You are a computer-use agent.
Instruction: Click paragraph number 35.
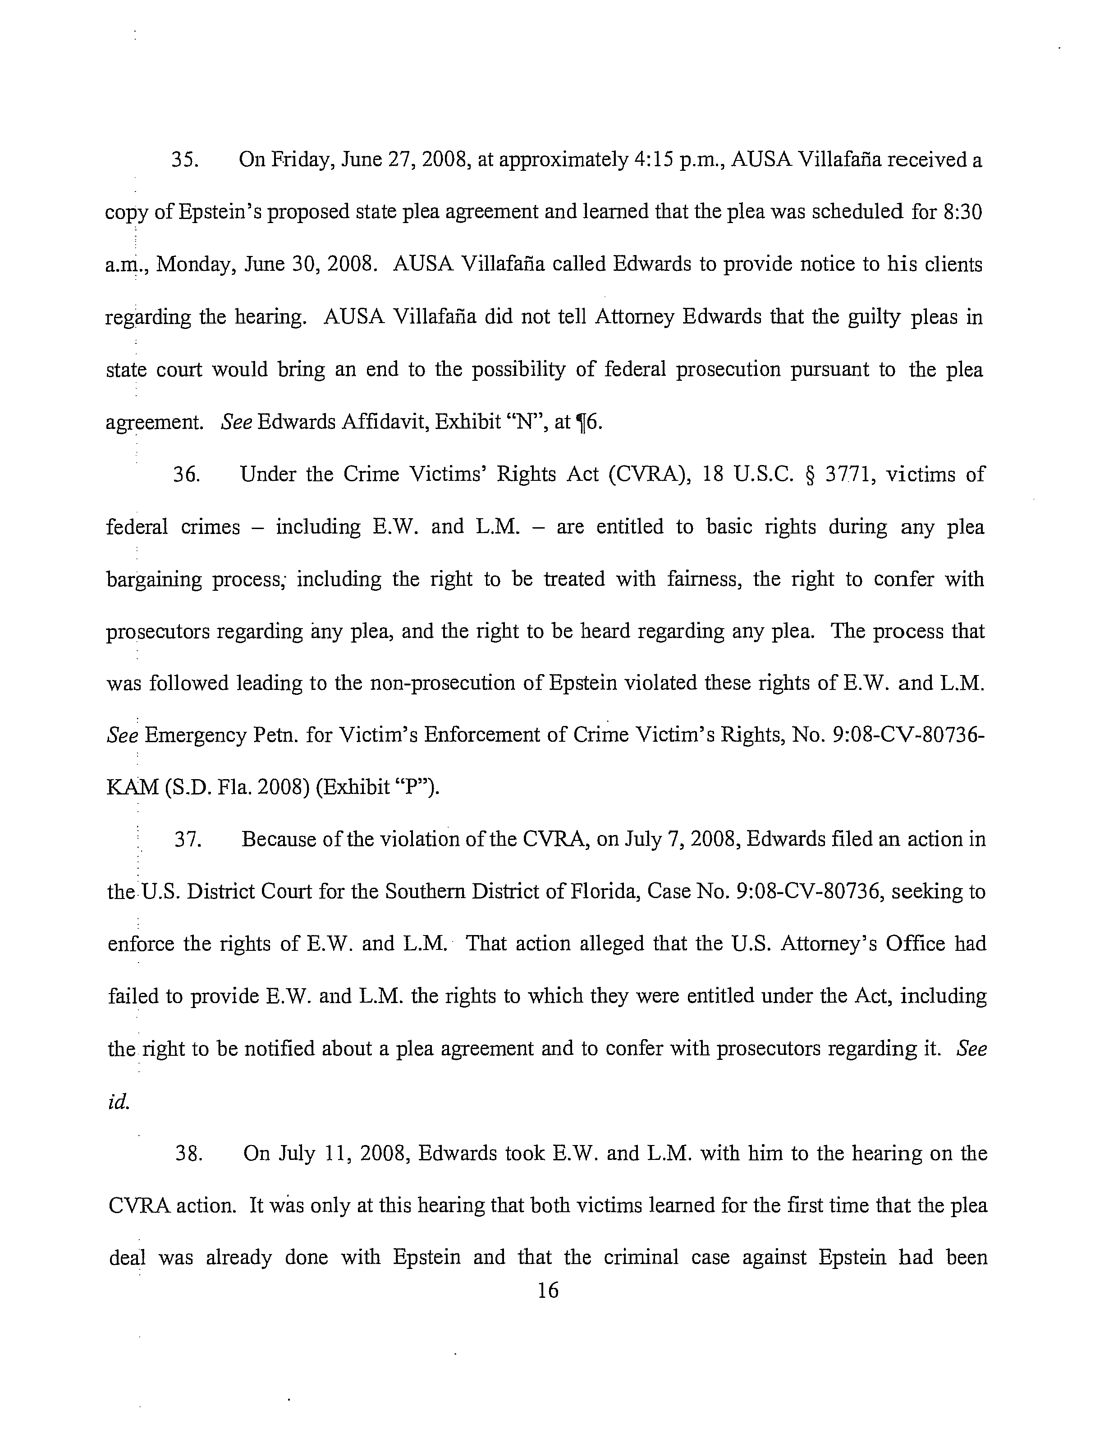pyautogui.click(x=184, y=160)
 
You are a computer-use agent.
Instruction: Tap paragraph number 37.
pyautogui.click(x=187, y=840)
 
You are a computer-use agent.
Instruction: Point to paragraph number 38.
pyautogui.click(x=188, y=1154)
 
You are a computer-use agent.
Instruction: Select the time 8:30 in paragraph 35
pyautogui.click(x=962, y=213)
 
